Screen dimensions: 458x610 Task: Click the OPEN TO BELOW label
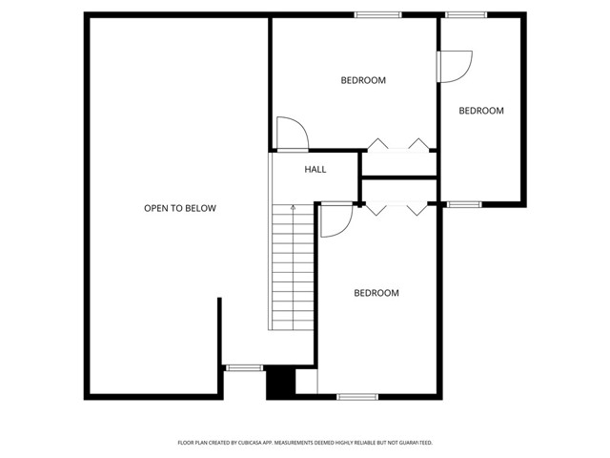[x=180, y=208]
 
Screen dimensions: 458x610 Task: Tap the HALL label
[x=315, y=170]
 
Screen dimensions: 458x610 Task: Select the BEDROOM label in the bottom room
[x=376, y=293]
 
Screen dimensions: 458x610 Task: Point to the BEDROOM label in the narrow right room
[x=481, y=111]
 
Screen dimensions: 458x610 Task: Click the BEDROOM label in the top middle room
[x=363, y=80]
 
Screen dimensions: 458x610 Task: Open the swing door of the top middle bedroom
[x=291, y=134]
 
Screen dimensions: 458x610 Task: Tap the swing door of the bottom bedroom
[x=335, y=219]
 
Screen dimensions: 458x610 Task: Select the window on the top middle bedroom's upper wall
[x=377, y=14]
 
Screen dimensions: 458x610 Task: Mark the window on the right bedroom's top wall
[x=466, y=14]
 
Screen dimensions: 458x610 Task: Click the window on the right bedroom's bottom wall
[x=464, y=203]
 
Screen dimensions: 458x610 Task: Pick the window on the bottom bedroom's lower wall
[x=357, y=396]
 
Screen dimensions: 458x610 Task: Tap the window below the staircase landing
[x=244, y=366]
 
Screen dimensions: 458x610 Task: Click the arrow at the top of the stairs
[x=293, y=207]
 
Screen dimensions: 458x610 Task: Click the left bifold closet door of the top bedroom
[x=378, y=145]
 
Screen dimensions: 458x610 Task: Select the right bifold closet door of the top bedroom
[x=418, y=145]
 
